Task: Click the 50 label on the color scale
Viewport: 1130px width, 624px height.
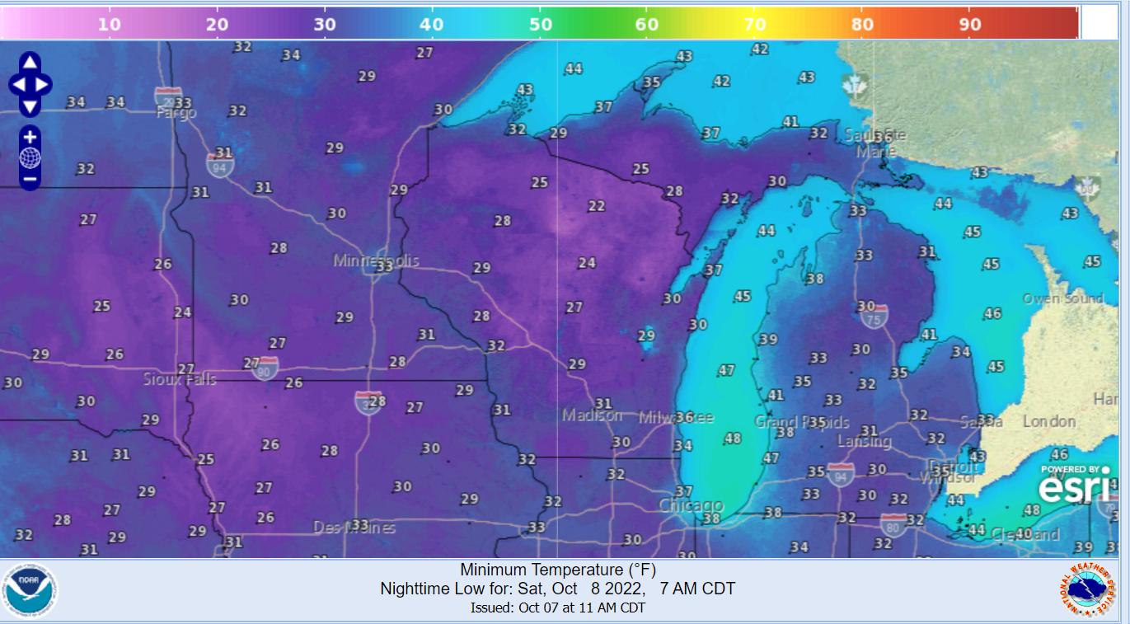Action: [540, 24]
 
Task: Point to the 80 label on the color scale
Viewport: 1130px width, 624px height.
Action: [862, 24]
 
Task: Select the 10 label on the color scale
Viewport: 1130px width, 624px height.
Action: [110, 24]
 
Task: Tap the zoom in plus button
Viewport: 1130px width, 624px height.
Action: [30, 138]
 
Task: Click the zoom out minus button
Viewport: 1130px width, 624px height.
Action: [30, 178]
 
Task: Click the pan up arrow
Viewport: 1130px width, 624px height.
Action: [30, 63]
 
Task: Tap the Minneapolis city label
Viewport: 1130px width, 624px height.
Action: [376, 260]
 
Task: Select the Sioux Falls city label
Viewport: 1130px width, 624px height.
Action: [180, 379]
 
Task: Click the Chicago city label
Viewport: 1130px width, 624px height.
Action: [691, 505]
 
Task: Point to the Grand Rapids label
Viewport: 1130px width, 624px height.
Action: [802, 422]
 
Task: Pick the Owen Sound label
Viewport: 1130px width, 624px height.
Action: [1062, 298]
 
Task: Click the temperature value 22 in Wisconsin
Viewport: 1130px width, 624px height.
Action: [597, 206]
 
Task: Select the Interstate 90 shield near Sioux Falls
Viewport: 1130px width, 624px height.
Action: [265, 367]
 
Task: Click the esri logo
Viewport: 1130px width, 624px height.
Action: [1073, 486]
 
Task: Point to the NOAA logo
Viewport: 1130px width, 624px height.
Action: [30, 590]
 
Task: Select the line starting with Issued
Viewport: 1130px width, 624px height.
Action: [558, 608]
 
